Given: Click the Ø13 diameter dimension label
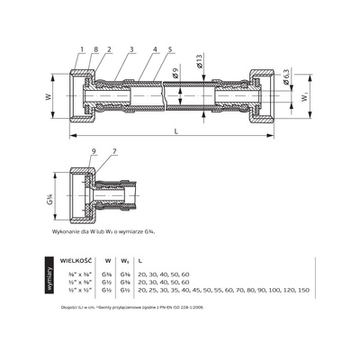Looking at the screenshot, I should [209, 64].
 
